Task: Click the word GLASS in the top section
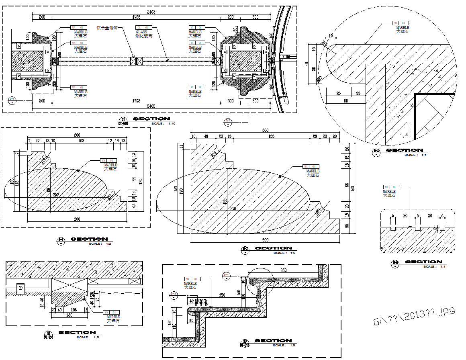[x=141, y=31]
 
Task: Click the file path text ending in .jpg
[x=414, y=317]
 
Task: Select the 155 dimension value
[x=271, y=137]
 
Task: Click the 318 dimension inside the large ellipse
[x=233, y=209]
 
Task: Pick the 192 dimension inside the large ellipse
[x=225, y=200]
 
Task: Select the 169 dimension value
[x=81, y=141]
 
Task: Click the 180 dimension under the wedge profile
[x=69, y=315]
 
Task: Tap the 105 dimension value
[x=74, y=310]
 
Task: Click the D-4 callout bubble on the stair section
[x=227, y=275]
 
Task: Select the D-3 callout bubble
[x=174, y=294]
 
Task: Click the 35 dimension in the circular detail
[x=358, y=93]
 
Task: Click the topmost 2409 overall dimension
[x=151, y=12]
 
